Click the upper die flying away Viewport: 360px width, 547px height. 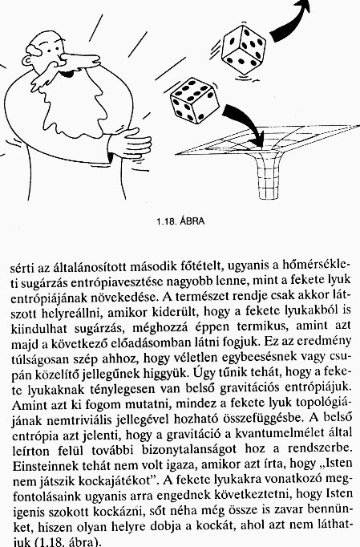click(x=245, y=46)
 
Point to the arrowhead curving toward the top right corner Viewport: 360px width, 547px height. click(x=302, y=10)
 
